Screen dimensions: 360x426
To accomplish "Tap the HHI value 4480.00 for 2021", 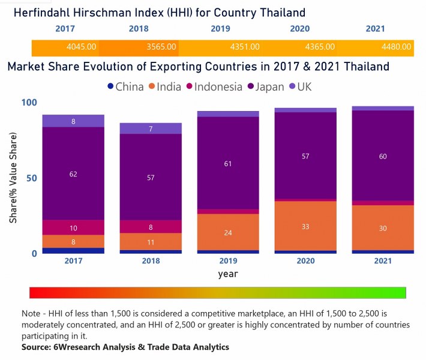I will [x=397, y=46].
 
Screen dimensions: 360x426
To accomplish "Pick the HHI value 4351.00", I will [x=245, y=46].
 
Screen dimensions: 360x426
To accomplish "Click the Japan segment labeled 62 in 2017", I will [x=73, y=173].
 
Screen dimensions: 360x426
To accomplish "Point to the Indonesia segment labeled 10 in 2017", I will [x=73, y=227].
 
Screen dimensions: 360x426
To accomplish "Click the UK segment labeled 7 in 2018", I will [x=151, y=128].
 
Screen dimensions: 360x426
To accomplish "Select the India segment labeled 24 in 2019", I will [x=228, y=232].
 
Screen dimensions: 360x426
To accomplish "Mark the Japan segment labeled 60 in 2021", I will [x=383, y=156].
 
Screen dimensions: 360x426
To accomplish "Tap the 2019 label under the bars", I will [x=228, y=261].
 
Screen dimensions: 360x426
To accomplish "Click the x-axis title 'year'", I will [x=227, y=274].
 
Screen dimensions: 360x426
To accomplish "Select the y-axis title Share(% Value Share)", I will [x=13, y=178].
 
